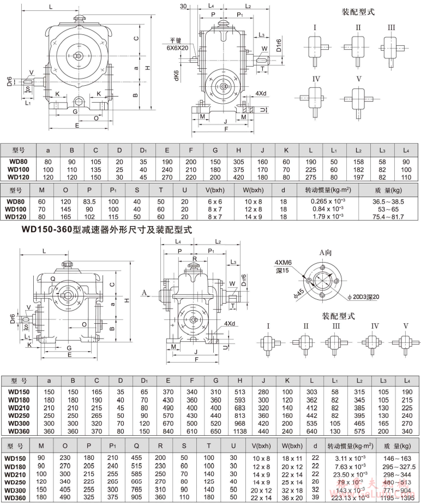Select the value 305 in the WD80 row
[238, 161]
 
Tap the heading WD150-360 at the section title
[47, 230]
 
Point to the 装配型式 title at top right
[358, 12]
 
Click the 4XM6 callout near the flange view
[284, 262]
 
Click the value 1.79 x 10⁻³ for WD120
[327, 216]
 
